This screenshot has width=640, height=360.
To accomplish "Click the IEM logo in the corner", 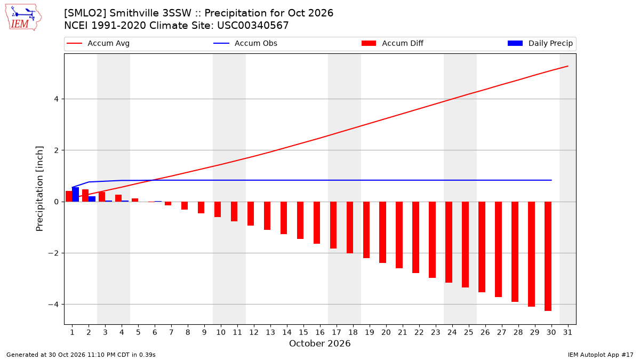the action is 23,17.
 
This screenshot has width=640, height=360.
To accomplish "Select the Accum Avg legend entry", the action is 98,43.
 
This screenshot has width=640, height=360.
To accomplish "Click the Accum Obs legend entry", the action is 245,43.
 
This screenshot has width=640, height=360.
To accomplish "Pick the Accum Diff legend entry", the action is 393,43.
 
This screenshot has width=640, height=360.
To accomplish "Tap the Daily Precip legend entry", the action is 540,43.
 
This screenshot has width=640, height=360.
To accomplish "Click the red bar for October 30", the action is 548,256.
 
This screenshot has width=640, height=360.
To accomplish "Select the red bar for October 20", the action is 382,233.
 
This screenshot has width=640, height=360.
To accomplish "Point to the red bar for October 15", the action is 300,220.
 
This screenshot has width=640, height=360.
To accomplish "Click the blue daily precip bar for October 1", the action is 75,195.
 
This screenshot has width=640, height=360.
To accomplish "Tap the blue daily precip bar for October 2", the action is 92,199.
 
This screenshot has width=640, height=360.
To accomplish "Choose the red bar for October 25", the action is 465,245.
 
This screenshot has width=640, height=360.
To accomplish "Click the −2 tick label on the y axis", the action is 53,253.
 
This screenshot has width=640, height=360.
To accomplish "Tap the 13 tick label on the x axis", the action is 270,332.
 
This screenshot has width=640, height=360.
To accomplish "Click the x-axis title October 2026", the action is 319,343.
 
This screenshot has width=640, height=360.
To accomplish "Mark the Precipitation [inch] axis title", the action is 39,189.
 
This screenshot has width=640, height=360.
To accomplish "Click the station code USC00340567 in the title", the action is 253,26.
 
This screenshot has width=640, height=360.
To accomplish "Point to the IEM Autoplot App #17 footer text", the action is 601,355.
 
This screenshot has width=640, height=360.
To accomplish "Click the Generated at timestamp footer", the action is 81,355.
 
